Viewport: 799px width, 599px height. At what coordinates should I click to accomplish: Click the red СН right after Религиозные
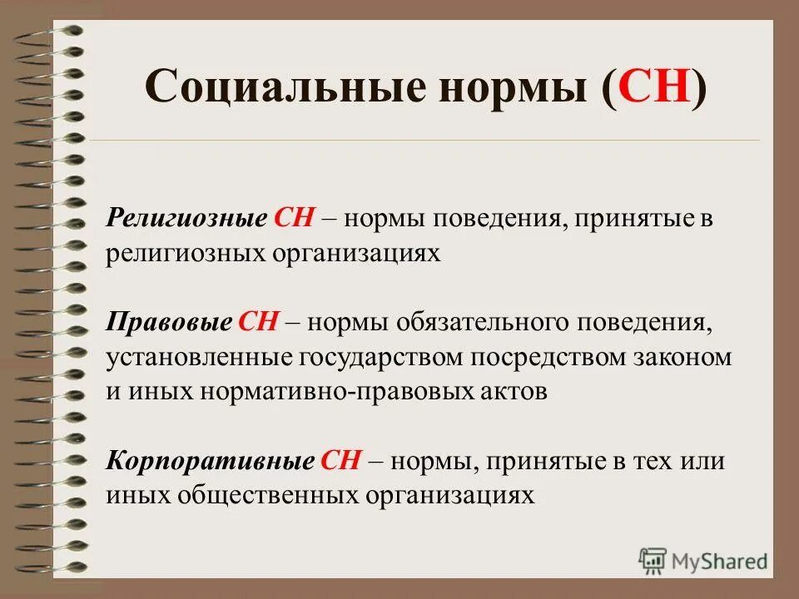pyautogui.click(x=292, y=220)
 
